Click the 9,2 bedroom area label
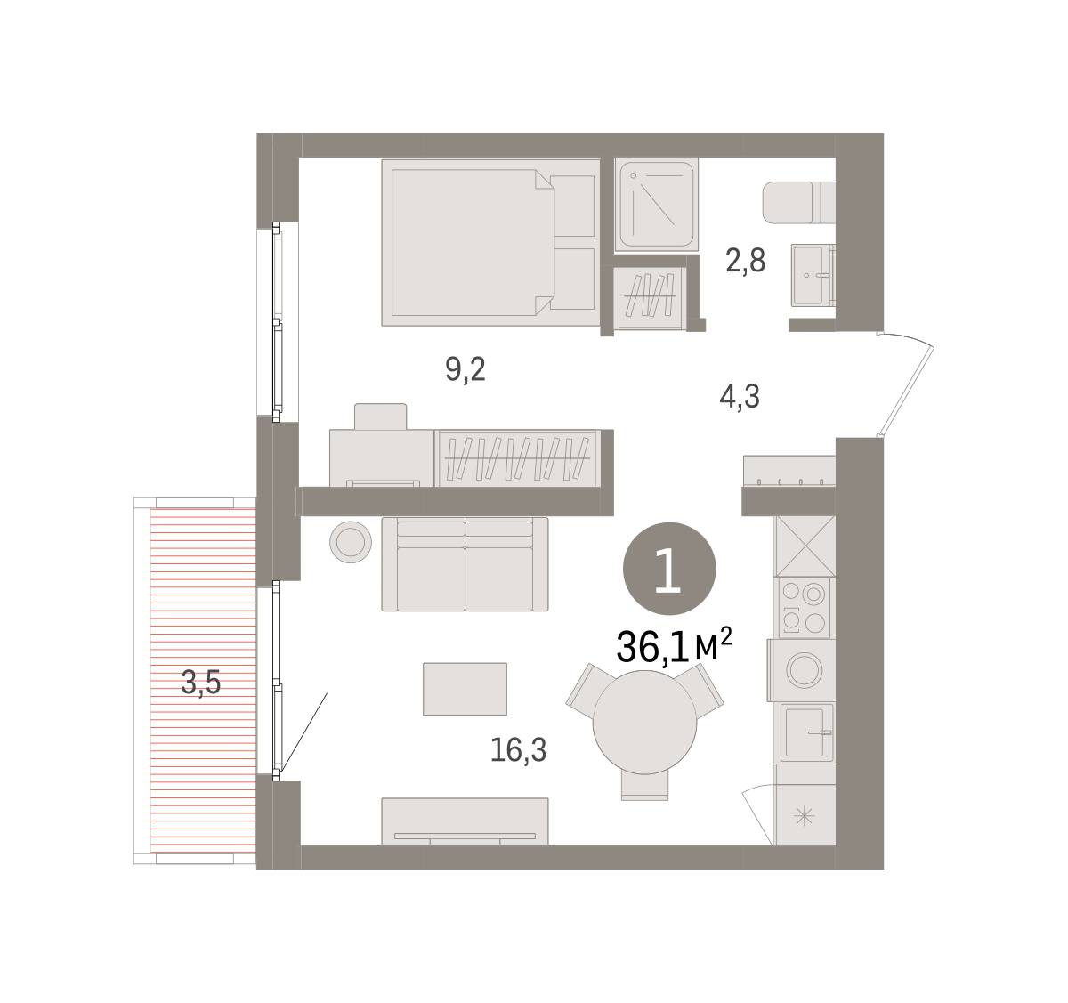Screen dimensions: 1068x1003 pos(465,370)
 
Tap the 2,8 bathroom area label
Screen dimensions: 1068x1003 pos(745,261)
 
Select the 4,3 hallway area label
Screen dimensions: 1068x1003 pos(740,397)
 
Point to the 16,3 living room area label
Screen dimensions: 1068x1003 pos(518,750)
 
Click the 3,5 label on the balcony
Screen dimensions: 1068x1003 pos(201,683)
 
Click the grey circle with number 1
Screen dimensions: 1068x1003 pos(669,569)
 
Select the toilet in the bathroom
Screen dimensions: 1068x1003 pos(798,203)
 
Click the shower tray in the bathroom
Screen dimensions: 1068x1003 pos(657,205)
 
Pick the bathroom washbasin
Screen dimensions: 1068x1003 pos(813,275)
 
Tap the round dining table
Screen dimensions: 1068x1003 pos(644,723)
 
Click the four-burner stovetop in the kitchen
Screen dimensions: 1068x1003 pos(804,608)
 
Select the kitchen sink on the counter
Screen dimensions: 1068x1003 pos(806,732)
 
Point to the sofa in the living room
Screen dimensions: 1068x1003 pos(465,564)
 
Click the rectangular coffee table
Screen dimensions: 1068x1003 pos(465,689)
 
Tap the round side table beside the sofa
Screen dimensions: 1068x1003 pos(351,542)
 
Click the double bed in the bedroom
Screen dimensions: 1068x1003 pos(491,242)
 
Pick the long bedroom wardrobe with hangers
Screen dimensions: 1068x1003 pos(518,458)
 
